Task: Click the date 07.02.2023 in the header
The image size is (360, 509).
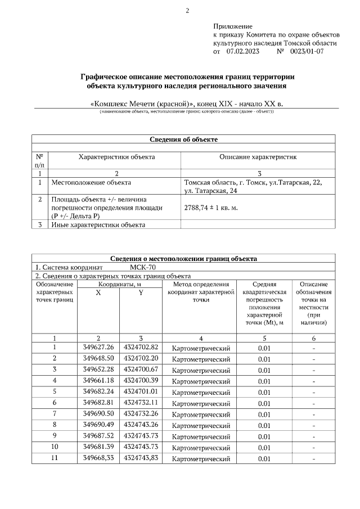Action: [243, 51]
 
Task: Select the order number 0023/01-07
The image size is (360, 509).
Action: [308, 51]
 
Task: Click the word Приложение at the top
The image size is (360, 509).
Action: [233, 26]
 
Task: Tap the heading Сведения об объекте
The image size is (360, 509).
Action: [183, 139]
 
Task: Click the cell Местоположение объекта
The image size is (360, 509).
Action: [91, 183]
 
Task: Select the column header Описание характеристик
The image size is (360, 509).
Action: [258, 157]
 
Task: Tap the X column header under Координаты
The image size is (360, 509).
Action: [98, 294]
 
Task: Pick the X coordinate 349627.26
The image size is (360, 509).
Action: [98, 348]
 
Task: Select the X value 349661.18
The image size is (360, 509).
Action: [98, 380]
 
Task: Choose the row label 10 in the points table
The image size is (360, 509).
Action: [55, 446]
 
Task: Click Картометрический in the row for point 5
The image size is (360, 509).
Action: [201, 392]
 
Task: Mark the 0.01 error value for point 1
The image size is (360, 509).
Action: [264, 348]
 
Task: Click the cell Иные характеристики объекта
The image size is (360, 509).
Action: [98, 225]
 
